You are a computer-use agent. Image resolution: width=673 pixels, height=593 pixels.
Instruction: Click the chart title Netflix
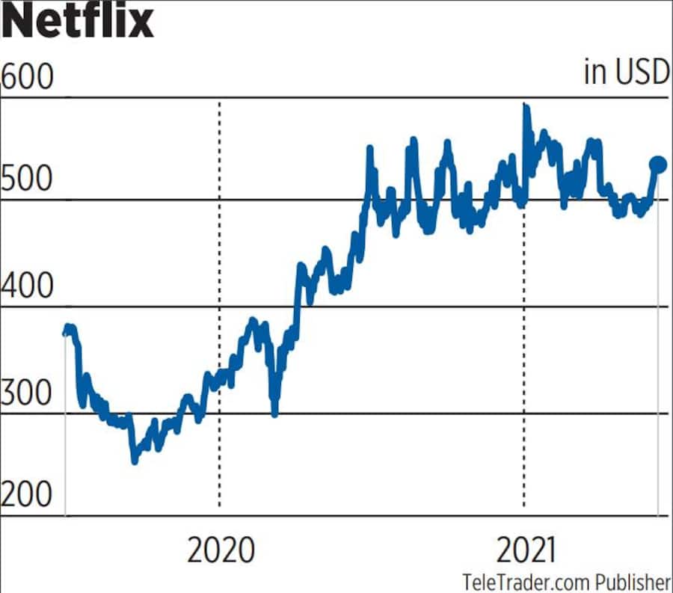pos(77,22)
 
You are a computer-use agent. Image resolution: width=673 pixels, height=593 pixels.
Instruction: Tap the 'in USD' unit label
pos(626,73)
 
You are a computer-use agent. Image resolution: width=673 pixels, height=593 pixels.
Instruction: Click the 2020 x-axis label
pos(221,551)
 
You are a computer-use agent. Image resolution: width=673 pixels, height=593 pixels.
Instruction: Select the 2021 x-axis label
pos(526,551)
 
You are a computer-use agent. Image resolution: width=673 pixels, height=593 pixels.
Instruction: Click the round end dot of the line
pos(659,165)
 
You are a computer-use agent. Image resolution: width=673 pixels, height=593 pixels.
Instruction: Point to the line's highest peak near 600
pos(525,107)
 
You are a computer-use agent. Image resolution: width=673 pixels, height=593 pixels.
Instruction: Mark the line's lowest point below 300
pos(135,461)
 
